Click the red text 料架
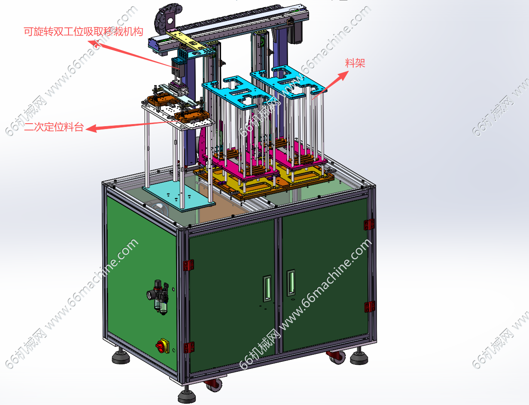[x=355, y=63]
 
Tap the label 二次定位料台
[x=54, y=127]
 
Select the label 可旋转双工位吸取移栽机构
[x=83, y=32]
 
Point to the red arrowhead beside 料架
[x=344, y=75]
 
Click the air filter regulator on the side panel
[x=159, y=297]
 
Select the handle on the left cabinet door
[x=267, y=288]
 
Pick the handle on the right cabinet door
[x=291, y=283]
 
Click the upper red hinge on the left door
[x=189, y=265]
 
